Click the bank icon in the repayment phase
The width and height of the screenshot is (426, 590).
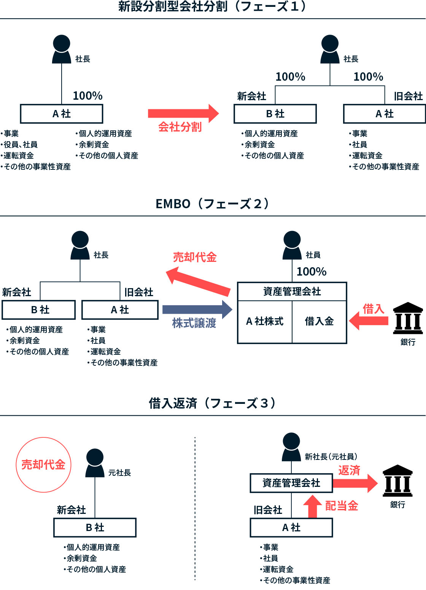point(397,481)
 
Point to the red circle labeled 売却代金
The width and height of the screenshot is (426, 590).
point(43,465)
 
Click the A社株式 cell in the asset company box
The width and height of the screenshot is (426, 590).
point(265,322)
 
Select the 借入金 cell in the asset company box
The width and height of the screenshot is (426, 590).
point(319,322)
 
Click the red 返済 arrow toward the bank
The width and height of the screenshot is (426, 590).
point(355,483)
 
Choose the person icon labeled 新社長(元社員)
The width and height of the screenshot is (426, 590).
point(291,447)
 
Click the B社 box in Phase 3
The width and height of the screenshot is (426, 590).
point(95,528)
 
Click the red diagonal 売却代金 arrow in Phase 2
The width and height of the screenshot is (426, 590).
point(199,282)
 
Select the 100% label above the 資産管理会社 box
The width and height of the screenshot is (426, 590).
point(312,272)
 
